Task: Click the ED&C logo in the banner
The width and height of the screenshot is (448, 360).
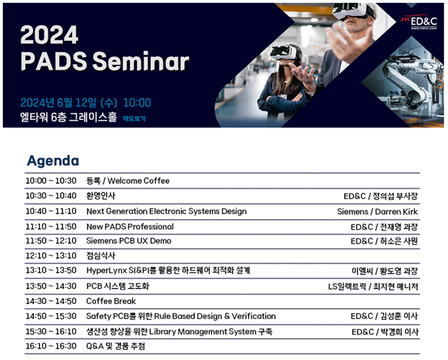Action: coord(419,21)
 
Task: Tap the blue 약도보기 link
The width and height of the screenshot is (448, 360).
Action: coord(134,118)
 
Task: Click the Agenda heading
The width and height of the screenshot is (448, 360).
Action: coord(53,161)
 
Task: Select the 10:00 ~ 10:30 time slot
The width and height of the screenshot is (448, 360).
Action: coord(51,181)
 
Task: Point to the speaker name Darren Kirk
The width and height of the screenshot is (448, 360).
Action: coord(396,211)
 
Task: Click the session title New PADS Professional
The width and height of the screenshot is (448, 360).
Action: coord(130,226)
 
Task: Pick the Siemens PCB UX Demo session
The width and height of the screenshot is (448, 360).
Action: coord(129,241)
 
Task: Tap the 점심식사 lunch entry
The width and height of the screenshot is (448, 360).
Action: coord(101,255)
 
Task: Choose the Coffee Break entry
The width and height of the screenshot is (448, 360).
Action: coord(111,301)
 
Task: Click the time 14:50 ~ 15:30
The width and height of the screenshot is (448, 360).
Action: coord(51,316)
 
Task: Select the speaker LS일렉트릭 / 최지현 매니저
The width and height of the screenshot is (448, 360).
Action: coord(373,286)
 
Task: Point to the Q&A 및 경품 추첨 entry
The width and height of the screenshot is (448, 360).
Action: coord(116,346)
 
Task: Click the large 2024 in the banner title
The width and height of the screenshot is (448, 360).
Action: coord(49,34)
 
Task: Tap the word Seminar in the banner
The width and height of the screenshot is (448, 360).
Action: coord(141,61)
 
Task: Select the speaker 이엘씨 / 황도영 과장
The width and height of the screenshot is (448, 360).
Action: coord(385,271)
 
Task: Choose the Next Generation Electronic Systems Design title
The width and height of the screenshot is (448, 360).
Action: coord(167,211)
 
